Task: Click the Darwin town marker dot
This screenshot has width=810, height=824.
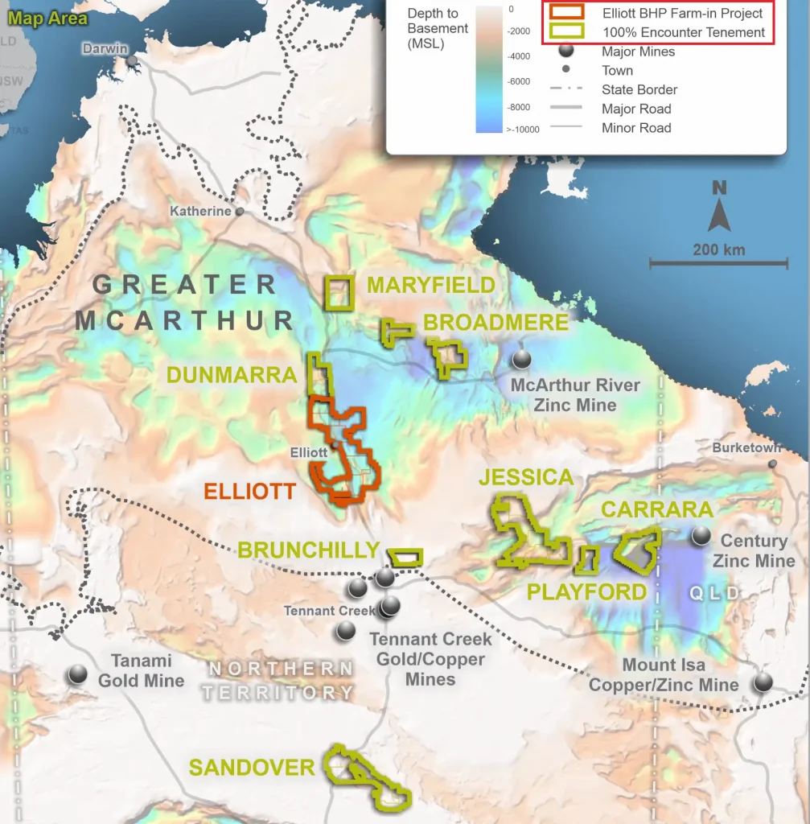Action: pos(131,61)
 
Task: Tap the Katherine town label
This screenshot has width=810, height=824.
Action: pos(200,211)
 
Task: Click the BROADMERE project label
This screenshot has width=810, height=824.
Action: pos(495,322)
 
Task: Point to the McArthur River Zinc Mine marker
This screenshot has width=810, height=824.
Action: pos(522,359)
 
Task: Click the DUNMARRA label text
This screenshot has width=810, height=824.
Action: pos(232,375)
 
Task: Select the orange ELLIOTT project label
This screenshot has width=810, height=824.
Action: pos(249,491)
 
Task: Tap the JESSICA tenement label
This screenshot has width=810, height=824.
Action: pos(526,477)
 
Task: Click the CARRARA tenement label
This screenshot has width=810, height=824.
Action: pos(657,509)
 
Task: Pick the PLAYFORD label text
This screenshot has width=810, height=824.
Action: pos(586,592)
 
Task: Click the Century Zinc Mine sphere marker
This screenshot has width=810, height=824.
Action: pos(701,535)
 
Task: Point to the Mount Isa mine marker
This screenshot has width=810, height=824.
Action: pos(763,682)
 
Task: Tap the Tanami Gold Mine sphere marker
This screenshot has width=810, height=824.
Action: pos(78,674)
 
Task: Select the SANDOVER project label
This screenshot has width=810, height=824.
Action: pos(252,767)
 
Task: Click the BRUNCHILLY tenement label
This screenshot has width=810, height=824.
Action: pos(308,550)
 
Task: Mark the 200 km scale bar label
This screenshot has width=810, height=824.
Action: pos(718,249)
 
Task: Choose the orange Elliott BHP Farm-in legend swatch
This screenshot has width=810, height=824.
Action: pos(567,13)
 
